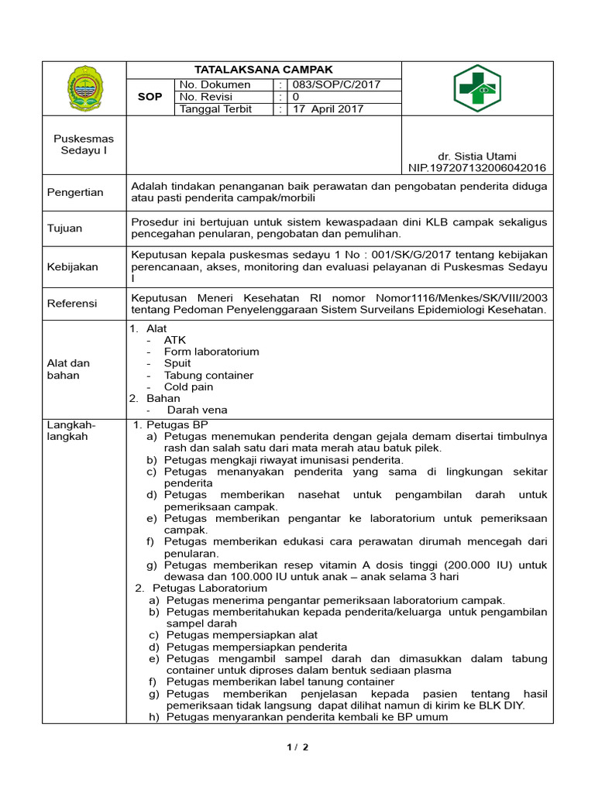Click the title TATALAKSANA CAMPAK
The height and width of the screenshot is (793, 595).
(263, 70)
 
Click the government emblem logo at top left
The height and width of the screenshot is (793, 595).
(84, 89)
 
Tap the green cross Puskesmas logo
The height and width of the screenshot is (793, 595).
(477, 89)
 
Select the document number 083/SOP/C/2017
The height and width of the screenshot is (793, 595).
(335, 84)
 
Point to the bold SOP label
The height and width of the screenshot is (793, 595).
(150, 97)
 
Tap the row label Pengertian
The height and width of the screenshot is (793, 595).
(75, 192)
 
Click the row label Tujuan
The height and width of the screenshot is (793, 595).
(65, 228)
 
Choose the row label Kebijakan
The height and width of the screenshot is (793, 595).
(73, 266)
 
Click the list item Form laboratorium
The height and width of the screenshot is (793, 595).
(212, 352)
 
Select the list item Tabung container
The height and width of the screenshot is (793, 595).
(208, 375)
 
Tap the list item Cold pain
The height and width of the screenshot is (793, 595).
(188, 386)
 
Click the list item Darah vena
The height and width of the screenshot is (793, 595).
(197, 410)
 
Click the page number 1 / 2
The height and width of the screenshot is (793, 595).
(297, 747)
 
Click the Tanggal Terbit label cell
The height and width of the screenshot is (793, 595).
(215, 109)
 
